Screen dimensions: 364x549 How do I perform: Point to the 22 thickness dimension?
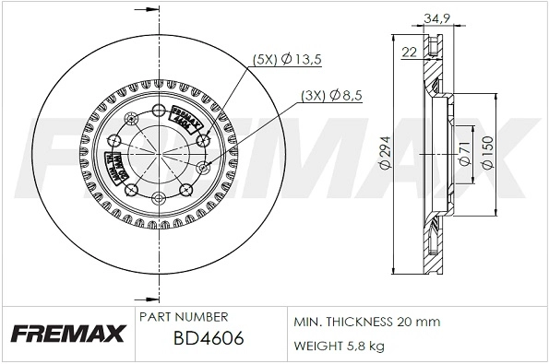409,53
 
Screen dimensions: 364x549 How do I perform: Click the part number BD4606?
209,338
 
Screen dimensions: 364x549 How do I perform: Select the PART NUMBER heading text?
182,316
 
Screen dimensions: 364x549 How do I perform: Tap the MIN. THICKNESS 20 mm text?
366,322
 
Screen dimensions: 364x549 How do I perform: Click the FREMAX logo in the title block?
66,334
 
